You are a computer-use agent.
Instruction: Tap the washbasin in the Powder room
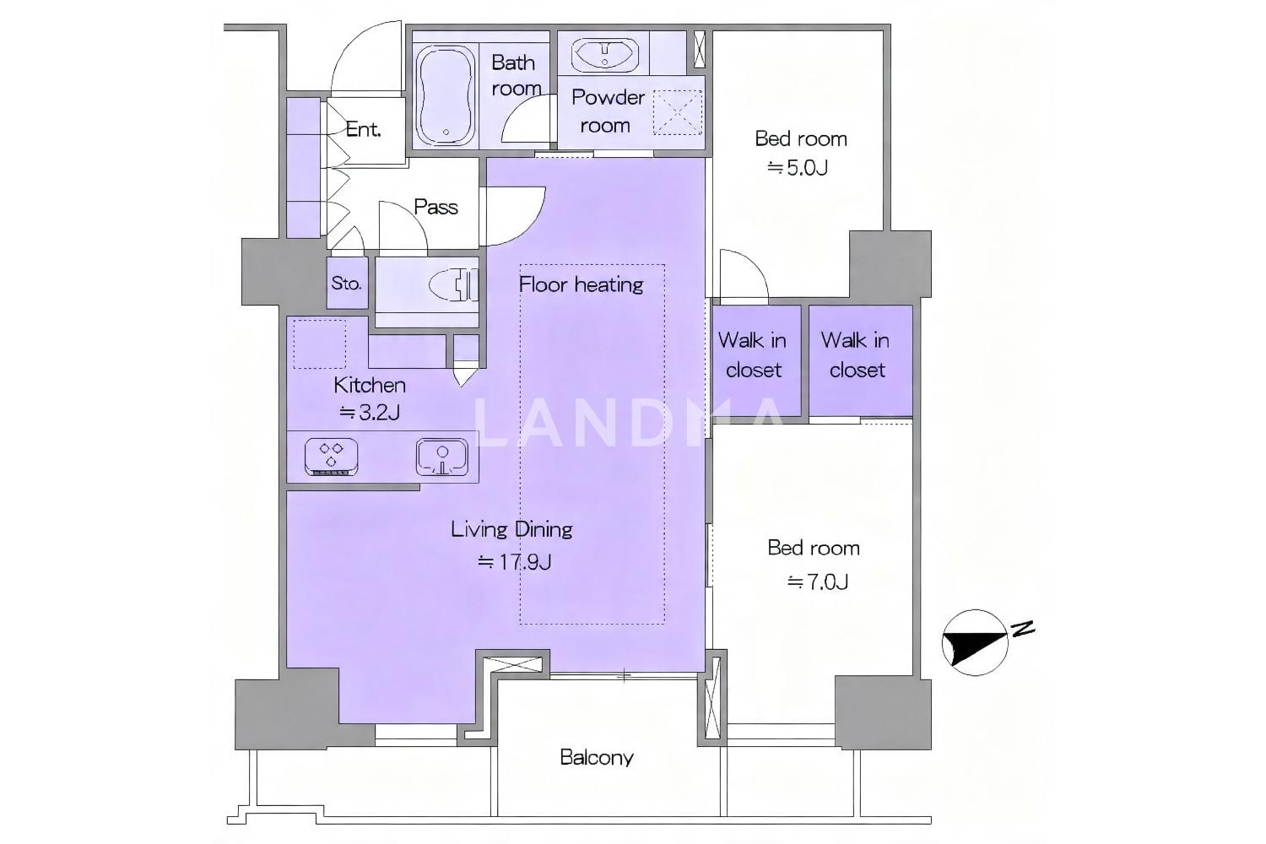pos(605,54)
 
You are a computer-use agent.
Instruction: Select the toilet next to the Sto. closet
pos(453,284)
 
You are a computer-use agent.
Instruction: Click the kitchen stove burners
pos(331,456)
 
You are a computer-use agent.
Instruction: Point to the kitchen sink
pos(442,457)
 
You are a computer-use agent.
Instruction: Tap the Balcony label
pos(596,758)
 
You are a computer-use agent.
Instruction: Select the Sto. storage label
pos(346,284)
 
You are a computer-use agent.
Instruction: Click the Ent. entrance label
pos(363,129)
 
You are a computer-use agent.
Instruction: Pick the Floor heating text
pos(581,284)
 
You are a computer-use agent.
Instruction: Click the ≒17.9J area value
pos(514,562)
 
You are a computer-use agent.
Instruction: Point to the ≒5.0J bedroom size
pos(798,168)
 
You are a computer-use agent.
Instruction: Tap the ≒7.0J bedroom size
pos(818,582)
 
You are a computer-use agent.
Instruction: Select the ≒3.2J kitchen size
pos(370,413)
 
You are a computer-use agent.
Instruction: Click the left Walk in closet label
pos(753,355)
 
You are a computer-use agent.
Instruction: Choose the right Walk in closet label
pos(857,355)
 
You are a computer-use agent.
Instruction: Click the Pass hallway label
pos(436,207)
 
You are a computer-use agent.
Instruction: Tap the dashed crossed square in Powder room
pos(678,112)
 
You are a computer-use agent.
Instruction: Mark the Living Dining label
pos(512,530)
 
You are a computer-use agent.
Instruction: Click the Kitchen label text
pos(370,386)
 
